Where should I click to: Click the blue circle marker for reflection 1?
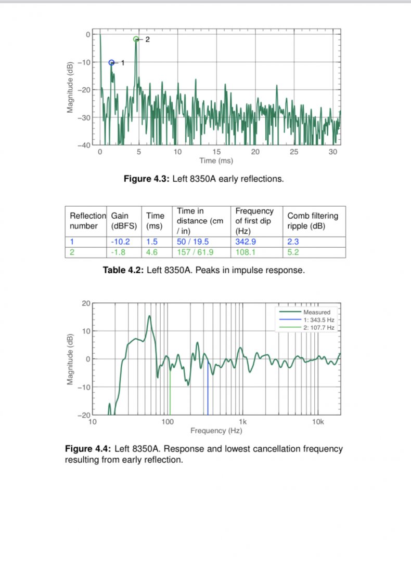click(x=111, y=63)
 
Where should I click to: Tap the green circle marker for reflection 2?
click(x=136, y=39)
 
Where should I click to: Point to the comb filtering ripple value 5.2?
click(x=293, y=252)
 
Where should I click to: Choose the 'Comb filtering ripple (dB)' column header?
click(x=313, y=221)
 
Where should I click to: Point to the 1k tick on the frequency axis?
click(x=242, y=422)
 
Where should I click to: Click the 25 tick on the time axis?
click(x=294, y=152)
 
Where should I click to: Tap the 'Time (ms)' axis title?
click(x=216, y=161)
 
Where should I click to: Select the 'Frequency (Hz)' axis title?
click(x=216, y=431)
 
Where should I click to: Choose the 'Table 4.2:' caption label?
click(x=123, y=270)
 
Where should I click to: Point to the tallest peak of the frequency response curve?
click(x=150, y=316)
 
